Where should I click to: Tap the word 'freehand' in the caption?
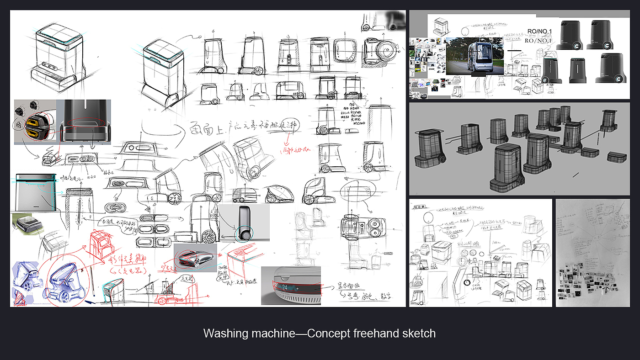click(373, 334)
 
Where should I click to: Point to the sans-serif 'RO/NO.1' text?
click(540, 32)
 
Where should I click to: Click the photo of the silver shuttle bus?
click(475, 56)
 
